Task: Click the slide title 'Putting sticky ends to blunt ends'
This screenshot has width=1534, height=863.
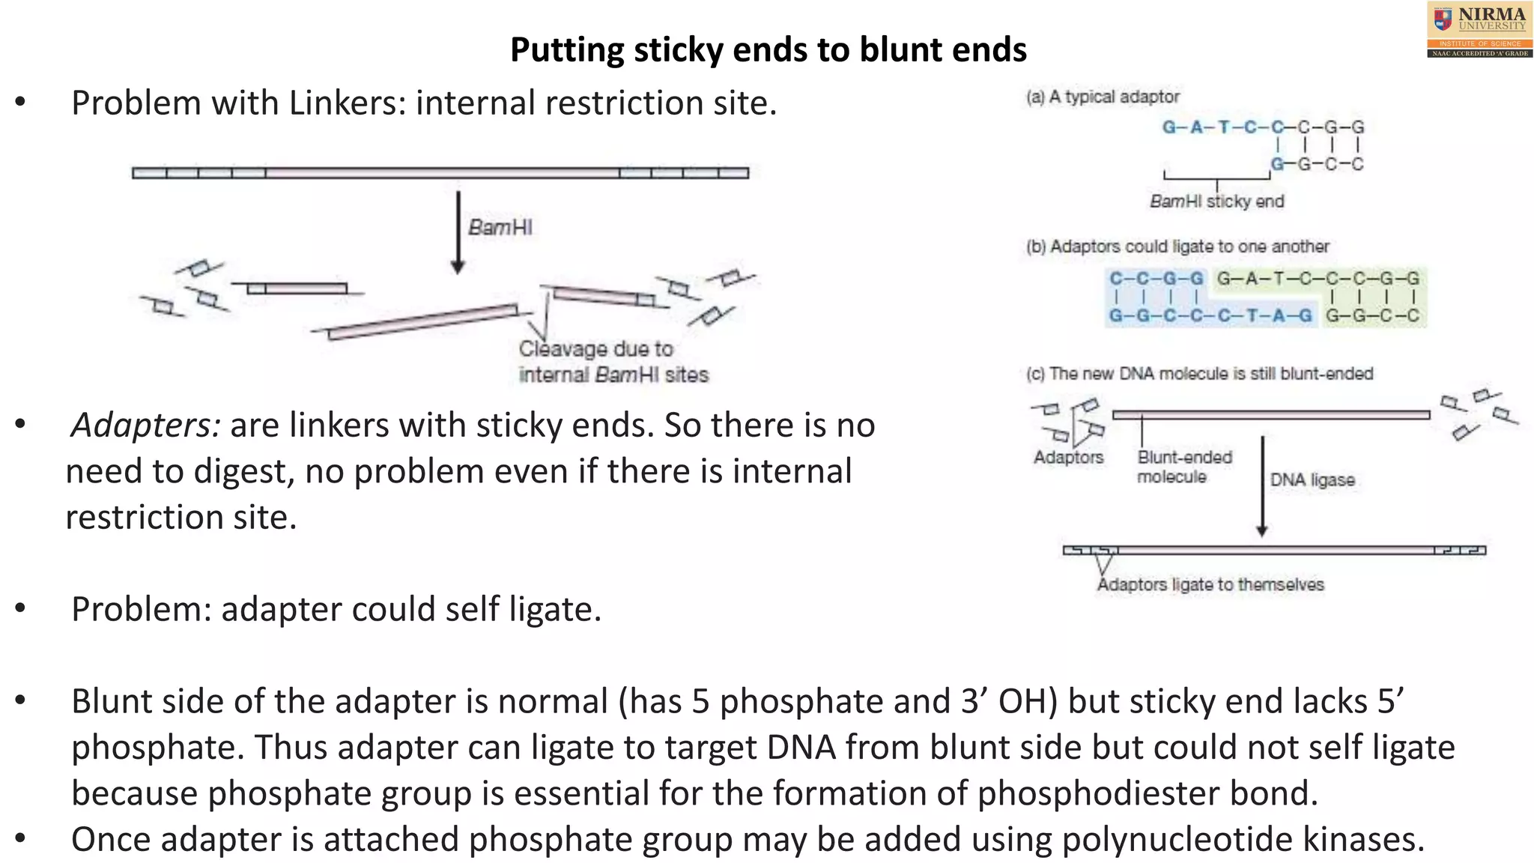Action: click(x=768, y=50)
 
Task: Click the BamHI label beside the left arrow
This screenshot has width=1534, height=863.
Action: click(x=500, y=227)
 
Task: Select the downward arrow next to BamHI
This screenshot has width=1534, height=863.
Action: click(x=458, y=232)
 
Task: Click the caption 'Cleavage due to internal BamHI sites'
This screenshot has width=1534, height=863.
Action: click(x=613, y=362)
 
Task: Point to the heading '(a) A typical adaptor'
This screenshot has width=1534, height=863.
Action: click(x=1102, y=97)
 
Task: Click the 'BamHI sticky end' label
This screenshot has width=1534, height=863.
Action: click(x=1216, y=202)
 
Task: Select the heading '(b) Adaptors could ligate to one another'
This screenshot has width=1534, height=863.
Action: click(x=1177, y=246)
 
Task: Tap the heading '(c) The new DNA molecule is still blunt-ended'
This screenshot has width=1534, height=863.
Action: click(x=1199, y=374)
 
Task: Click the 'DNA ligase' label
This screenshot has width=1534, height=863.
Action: click(x=1312, y=480)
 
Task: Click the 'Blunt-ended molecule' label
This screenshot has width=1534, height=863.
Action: click(x=1183, y=467)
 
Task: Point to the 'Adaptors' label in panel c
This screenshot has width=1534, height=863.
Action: click(x=1068, y=457)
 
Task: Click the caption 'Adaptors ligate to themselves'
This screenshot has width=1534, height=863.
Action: click(x=1210, y=584)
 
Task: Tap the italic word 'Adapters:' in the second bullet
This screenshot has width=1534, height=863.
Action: click(x=145, y=426)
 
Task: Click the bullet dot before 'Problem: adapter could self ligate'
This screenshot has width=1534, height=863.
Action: click(x=20, y=609)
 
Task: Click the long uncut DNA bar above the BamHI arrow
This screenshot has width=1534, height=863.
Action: click(x=440, y=173)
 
